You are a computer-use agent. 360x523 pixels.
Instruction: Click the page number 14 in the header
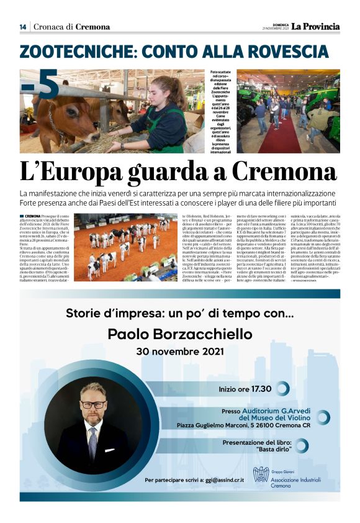pos(23,27)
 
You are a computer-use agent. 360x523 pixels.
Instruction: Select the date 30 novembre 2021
pos(179,352)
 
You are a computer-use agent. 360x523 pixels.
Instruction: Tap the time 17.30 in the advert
pos(261,389)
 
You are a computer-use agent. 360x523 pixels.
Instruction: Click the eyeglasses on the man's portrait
pos(93,404)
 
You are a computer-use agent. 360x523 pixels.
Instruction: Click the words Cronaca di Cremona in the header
pos(71,27)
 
